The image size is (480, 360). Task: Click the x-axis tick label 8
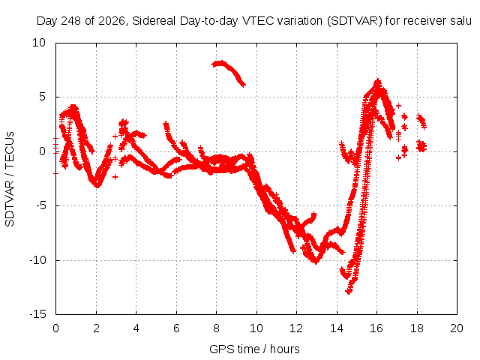point(217,328)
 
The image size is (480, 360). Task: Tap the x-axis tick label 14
point(337,328)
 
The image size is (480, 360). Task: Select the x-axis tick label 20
point(457,328)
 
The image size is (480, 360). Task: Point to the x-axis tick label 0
point(55,328)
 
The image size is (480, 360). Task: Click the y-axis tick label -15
point(38,314)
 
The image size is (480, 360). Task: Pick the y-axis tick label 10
point(39,43)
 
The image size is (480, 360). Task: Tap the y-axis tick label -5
point(41,205)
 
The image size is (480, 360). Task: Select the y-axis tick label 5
point(42,97)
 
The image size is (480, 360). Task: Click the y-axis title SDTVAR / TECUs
point(10,179)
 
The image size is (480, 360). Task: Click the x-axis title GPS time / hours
point(254,349)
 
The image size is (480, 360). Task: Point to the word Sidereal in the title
point(154,21)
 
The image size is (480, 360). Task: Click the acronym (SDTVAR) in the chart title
point(355,21)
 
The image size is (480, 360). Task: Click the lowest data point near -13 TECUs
point(348,292)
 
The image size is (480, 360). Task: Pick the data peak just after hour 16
point(378,82)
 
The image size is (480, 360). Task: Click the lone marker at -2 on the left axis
point(55,173)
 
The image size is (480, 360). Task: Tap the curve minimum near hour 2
point(97,184)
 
